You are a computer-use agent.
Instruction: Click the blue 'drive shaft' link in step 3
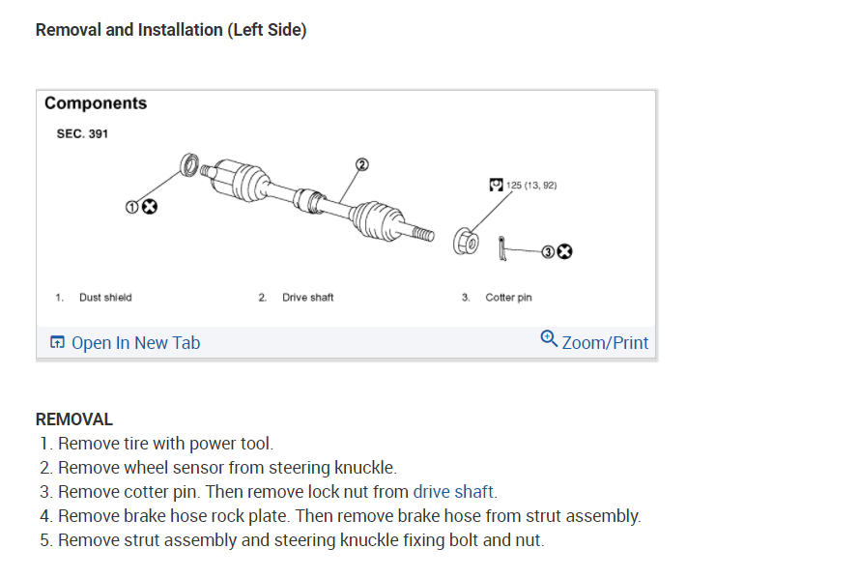(454, 492)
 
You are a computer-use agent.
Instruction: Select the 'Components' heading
(96, 103)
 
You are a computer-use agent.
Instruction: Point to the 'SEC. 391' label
(82, 134)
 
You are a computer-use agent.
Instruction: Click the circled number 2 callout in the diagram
(362, 164)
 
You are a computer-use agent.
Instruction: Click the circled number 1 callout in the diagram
(132, 207)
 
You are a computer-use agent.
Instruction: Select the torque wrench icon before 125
(496, 185)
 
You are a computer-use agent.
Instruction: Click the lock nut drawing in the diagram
(465, 242)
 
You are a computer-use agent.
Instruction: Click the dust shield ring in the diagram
(189, 163)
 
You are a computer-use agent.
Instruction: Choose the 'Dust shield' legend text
(105, 298)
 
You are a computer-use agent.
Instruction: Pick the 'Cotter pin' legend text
(508, 298)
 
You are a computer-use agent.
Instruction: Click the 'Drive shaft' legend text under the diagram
(307, 298)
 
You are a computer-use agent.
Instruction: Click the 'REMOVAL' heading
(74, 419)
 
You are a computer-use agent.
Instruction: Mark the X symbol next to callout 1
(150, 207)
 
